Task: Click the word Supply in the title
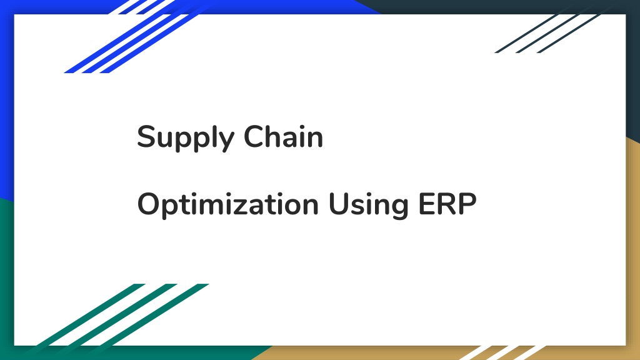pos(186,138)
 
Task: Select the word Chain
pos(283,136)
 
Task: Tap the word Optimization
pos(227,205)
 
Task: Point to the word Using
pos(368,205)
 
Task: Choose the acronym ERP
pos(447,204)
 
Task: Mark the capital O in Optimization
pos(149,204)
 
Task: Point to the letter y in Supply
pos(226,141)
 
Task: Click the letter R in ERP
pos(447,204)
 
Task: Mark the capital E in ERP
pos(426,204)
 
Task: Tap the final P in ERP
pos(468,204)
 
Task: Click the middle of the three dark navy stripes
pos(547,34)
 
